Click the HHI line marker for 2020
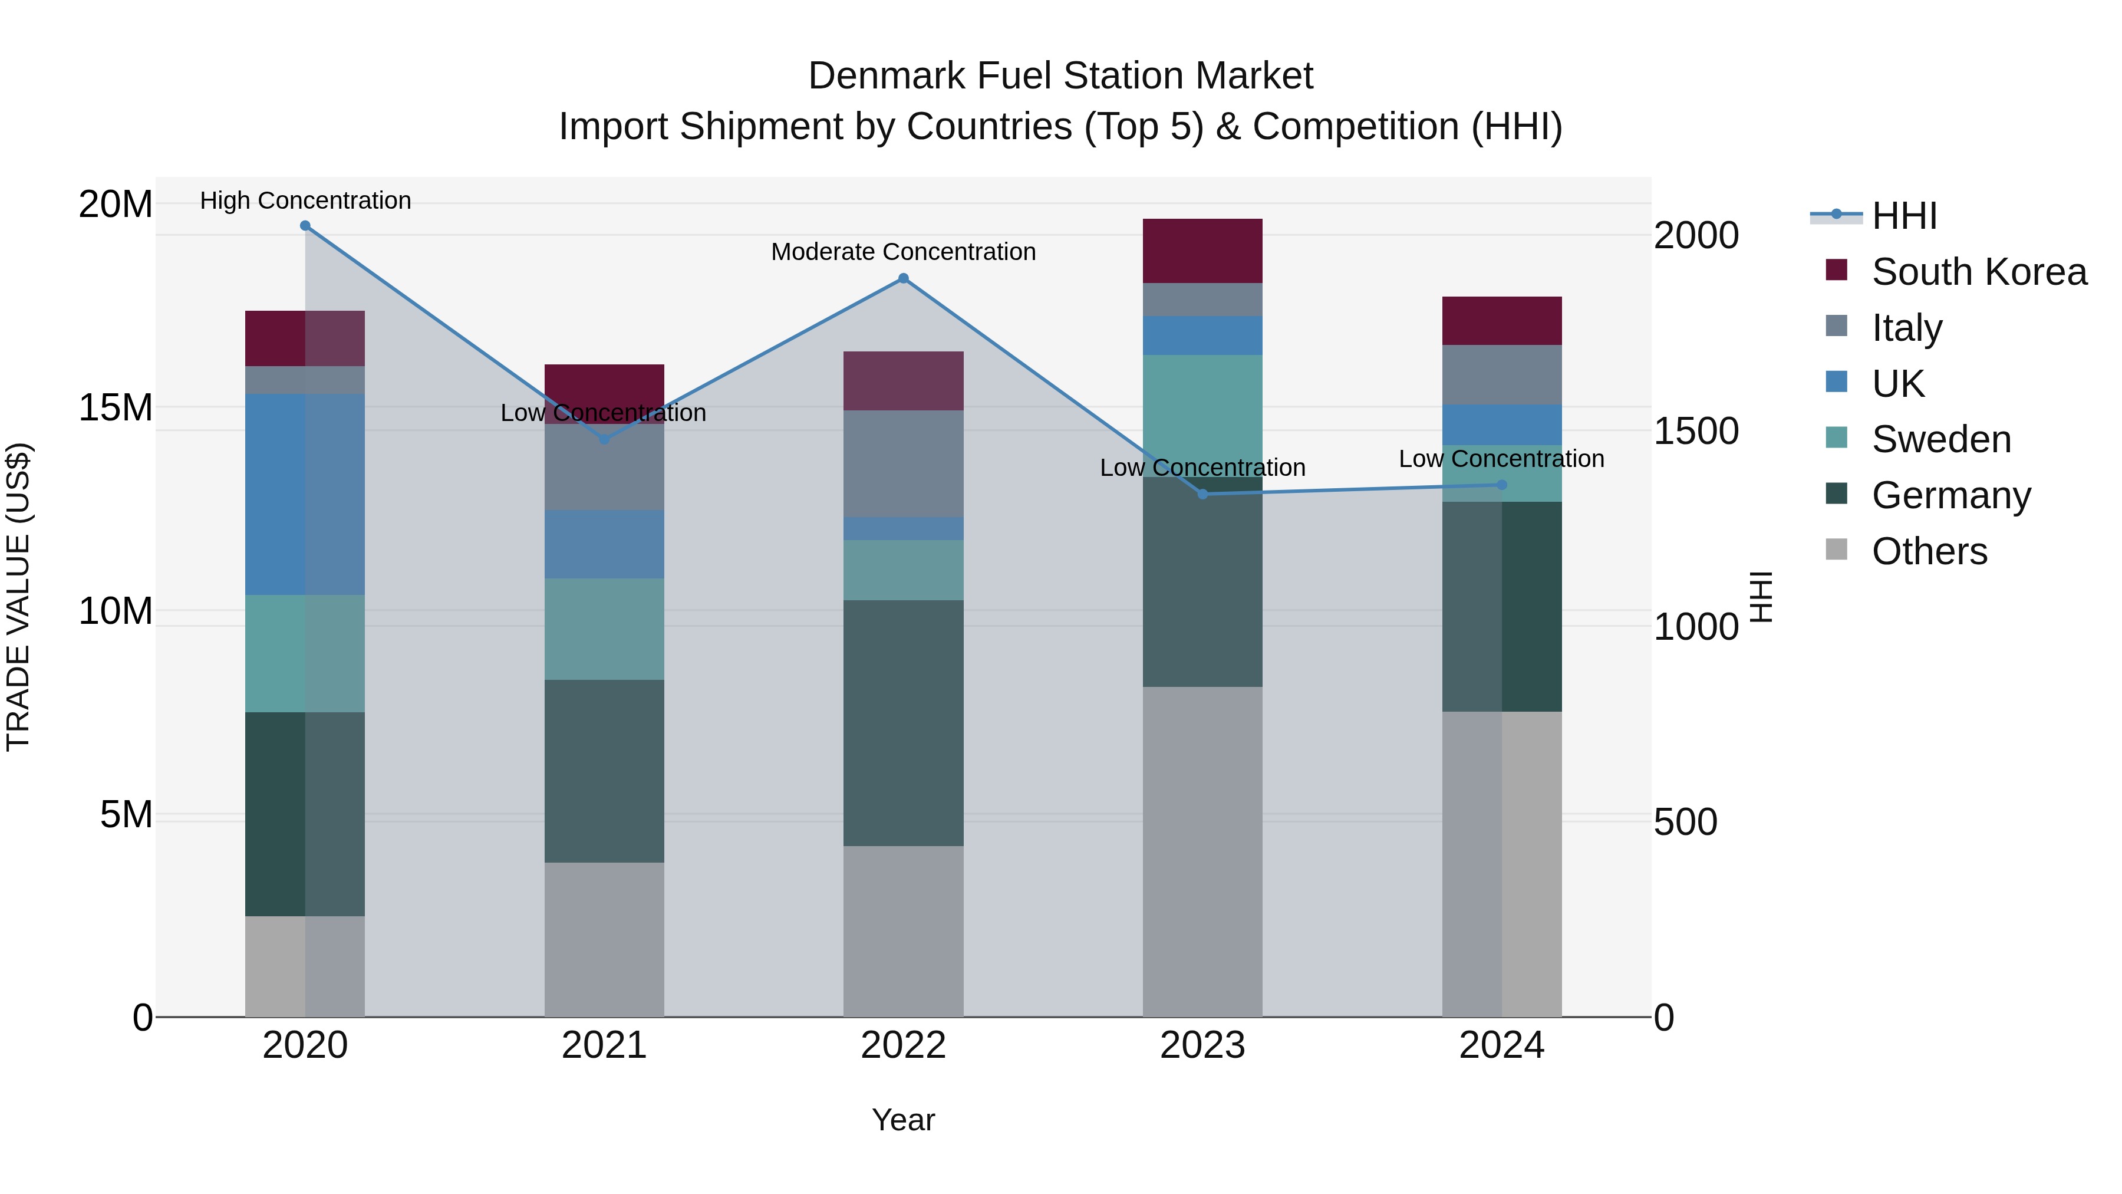coord(305,226)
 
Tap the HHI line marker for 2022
coord(903,278)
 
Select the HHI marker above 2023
coord(1202,494)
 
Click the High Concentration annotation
coord(305,200)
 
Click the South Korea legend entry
coord(1979,272)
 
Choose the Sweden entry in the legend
coord(1941,439)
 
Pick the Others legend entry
coord(1929,551)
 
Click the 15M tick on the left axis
coord(116,407)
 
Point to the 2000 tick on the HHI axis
coord(1696,236)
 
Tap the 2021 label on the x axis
coord(604,1045)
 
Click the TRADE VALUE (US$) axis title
coord(18,597)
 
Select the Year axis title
coord(903,1120)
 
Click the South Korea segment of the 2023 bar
coord(1202,251)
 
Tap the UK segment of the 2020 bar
coord(305,495)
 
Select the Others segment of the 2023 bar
coord(1202,851)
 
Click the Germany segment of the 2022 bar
coord(903,723)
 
